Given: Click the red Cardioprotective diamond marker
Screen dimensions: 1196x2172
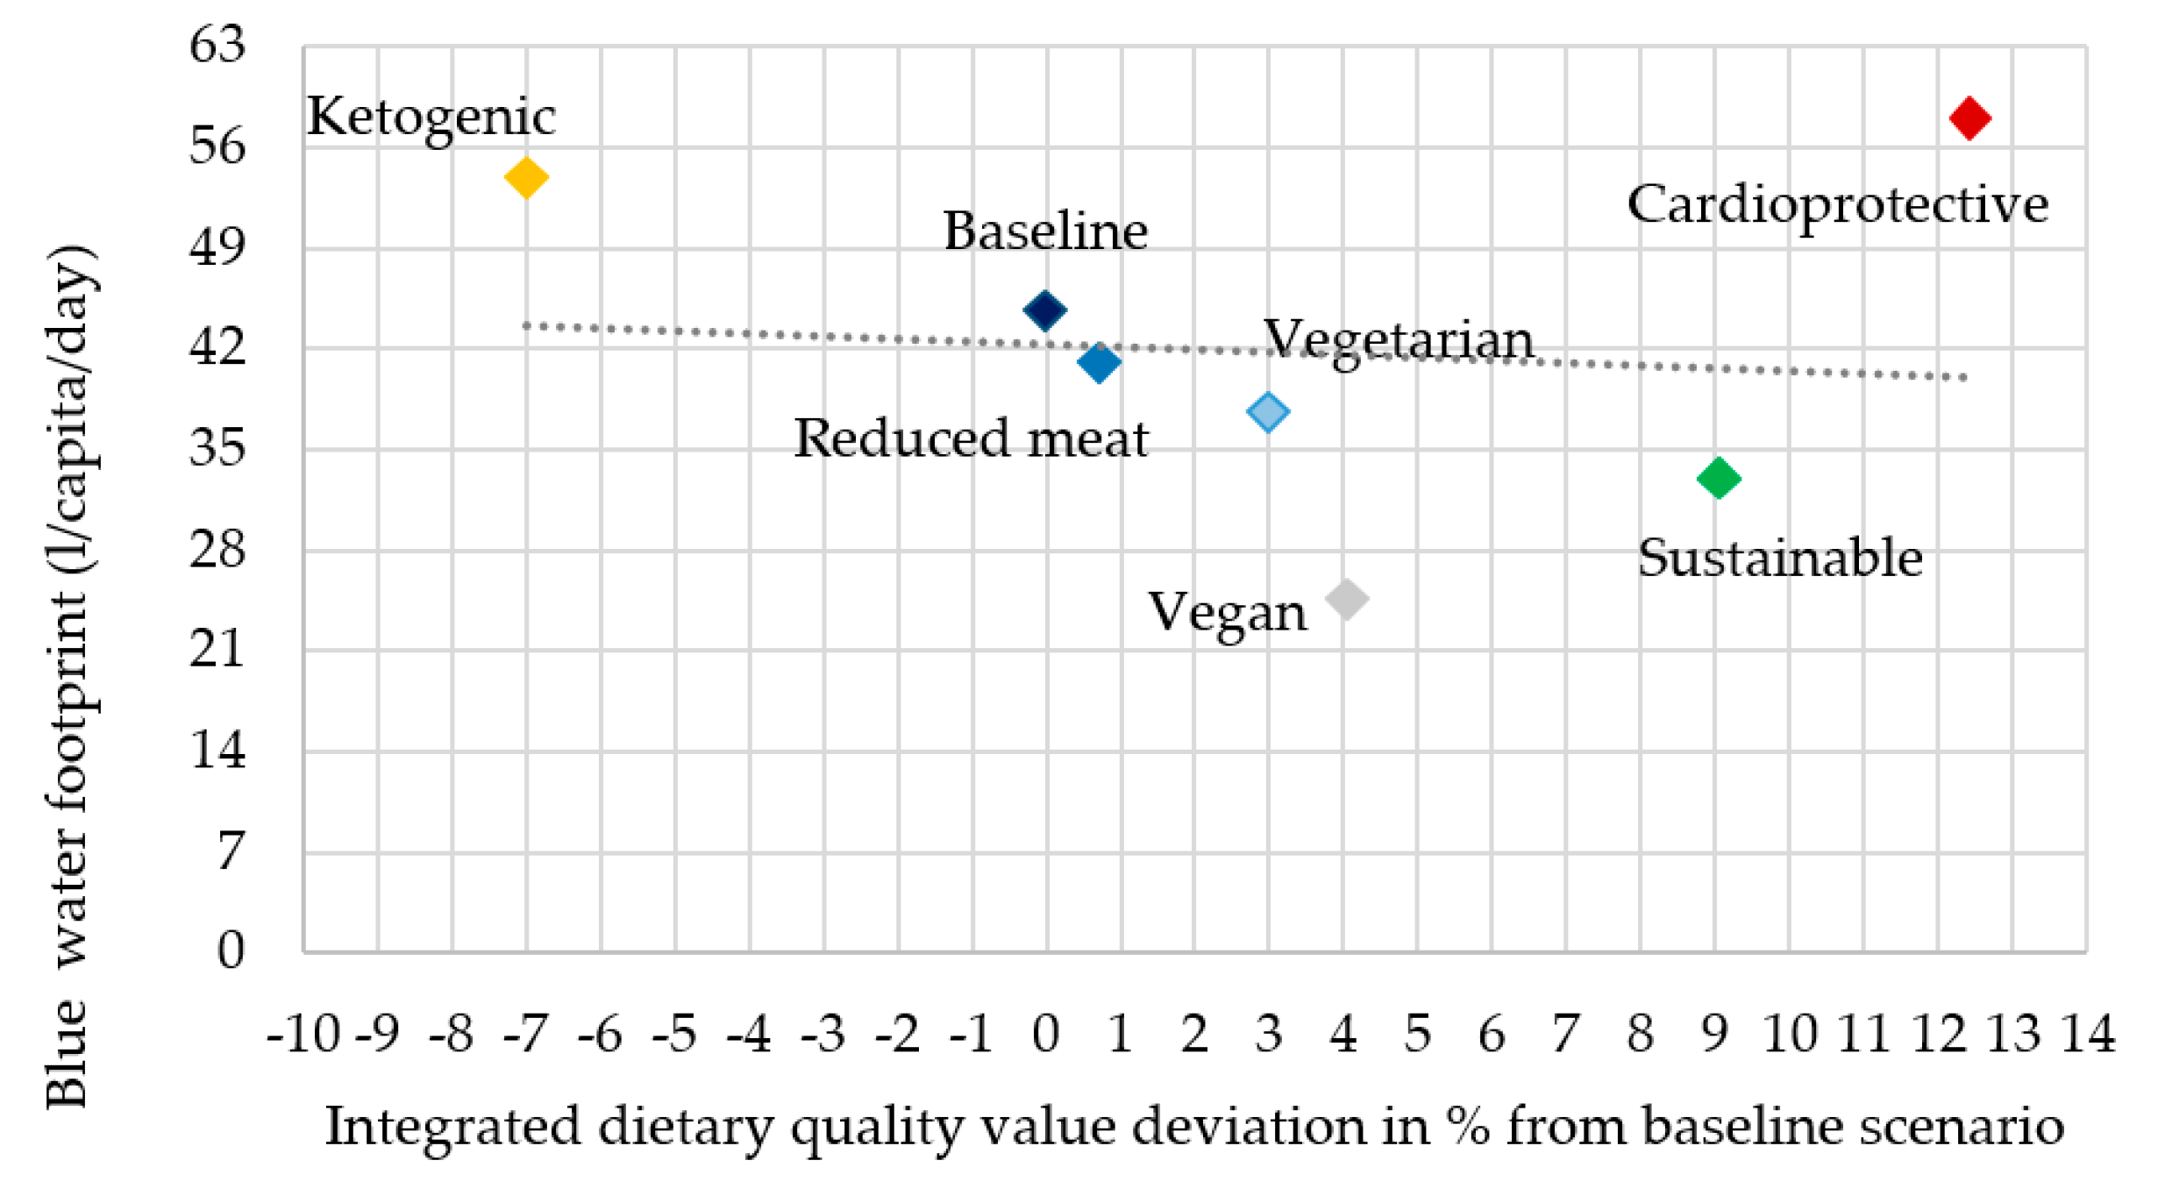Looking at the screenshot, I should click(x=1969, y=118).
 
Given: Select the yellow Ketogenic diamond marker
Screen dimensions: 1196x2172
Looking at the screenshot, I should click(x=526, y=178).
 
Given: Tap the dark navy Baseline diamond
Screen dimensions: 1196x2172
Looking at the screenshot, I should click(x=1044, y=310).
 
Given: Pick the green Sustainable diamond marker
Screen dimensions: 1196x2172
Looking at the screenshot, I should click(x=1718, y=479).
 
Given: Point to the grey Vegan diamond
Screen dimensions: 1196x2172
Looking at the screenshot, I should click(x=1347, y=600).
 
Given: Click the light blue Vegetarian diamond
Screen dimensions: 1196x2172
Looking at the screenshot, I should click(x=1268, y=411).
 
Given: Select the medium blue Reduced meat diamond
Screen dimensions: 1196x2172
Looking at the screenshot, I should click(x=1099, y=362).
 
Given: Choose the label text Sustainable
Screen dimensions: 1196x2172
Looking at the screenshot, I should click(x=1780, y=559).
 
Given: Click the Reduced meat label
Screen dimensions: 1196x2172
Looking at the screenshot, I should click(x=971, y=438).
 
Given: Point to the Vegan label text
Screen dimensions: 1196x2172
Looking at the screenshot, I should click(x=1227, y=613).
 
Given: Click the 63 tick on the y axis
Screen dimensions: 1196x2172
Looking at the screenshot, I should click(x=217, y=44).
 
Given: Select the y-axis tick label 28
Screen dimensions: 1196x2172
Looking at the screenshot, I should click(x=217, y=551).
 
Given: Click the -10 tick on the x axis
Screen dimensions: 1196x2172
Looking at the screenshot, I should click(x=303, y=1035).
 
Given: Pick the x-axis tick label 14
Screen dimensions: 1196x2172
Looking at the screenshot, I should click(x=2088, y=1035).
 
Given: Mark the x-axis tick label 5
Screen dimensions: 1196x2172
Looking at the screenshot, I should click(x=1417, y=1035).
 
